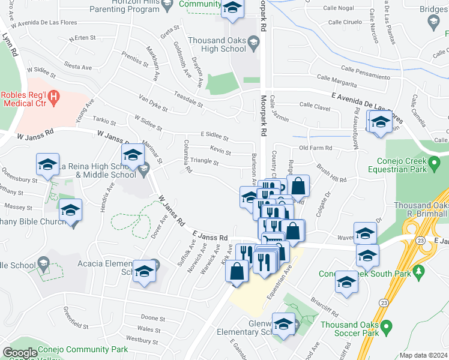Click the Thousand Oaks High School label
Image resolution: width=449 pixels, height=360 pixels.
click(216, 45)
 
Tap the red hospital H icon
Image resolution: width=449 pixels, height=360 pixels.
click(54, 96)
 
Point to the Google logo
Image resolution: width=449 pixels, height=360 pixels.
click(20, 353)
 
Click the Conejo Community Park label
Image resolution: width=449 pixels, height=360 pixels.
click(83, 349)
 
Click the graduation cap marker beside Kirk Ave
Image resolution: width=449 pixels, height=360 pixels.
click(250, 197)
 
